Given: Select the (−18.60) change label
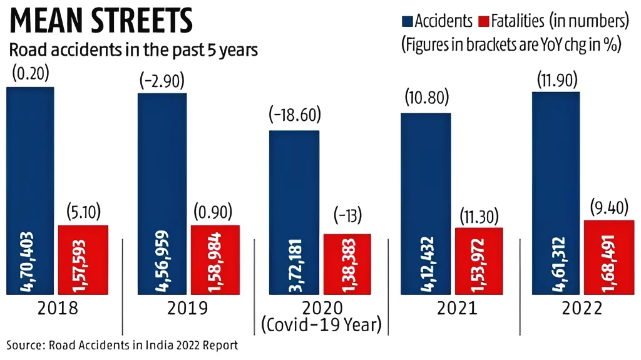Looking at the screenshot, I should click(x=294, y=116).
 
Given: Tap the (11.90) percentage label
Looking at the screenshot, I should click(x=556, y=80).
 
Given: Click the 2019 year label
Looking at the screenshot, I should click(x=187, y=309).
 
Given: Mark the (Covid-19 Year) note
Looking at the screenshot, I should click(x=320, y=326).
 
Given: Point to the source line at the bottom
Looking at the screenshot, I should click(x=123, y=345).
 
